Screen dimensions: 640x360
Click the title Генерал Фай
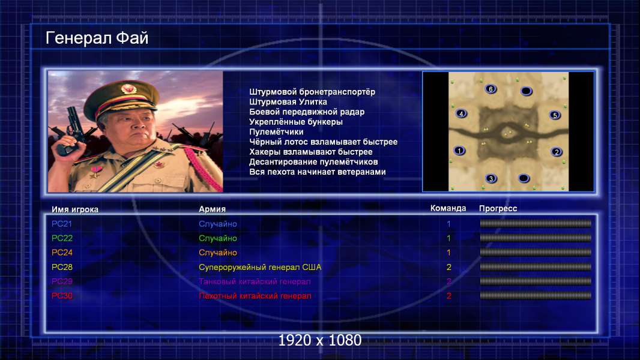(x=97, y=38)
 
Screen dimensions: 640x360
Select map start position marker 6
(x=491, y=89)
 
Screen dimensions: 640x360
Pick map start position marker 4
(x=461, y=114)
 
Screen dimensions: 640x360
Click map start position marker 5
(x=555, y=115)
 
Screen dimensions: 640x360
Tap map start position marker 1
(x=459, y=151)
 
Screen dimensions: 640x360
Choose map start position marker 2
(x=557, y=152)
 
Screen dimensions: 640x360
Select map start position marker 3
(x=491, y=178)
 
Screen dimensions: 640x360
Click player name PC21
(x=62, y=224)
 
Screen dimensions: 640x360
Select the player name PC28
(x=62, y=267)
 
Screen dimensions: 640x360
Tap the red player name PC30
(x=62, y=296)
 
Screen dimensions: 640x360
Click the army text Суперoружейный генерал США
(x=260, y=268)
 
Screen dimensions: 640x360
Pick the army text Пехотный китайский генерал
(x=255, y=296)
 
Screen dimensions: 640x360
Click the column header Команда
(x=448, y=208)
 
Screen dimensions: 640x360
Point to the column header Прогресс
(x=498, y=209)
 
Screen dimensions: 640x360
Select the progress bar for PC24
(x=536, y=253)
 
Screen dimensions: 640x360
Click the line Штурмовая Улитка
(x=288, y=102)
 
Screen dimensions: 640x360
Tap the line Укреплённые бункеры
(x=296, y=122)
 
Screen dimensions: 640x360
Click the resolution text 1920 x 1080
(x=320, y=340)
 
